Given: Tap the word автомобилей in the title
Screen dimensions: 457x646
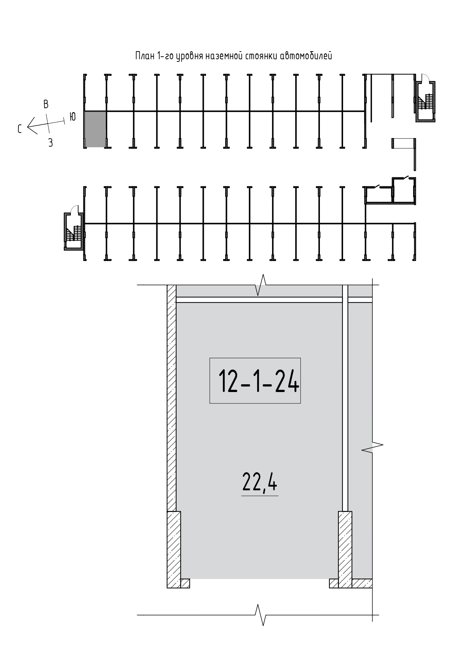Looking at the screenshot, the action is (306, 56).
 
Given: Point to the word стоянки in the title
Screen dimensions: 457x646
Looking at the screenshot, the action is (261, 56).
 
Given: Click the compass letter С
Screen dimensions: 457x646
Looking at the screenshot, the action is (20, 128).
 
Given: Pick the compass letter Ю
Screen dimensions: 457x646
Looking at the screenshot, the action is (73, 117).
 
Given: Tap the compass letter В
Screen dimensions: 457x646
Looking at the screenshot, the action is (46, 104).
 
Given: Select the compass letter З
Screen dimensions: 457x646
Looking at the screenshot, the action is (50, 143).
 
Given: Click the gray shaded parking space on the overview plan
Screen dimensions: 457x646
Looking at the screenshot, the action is (95, 129).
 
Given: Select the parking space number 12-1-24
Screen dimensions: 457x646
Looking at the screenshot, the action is (258, 381).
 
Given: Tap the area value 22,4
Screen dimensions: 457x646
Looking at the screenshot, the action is (259, 482).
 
